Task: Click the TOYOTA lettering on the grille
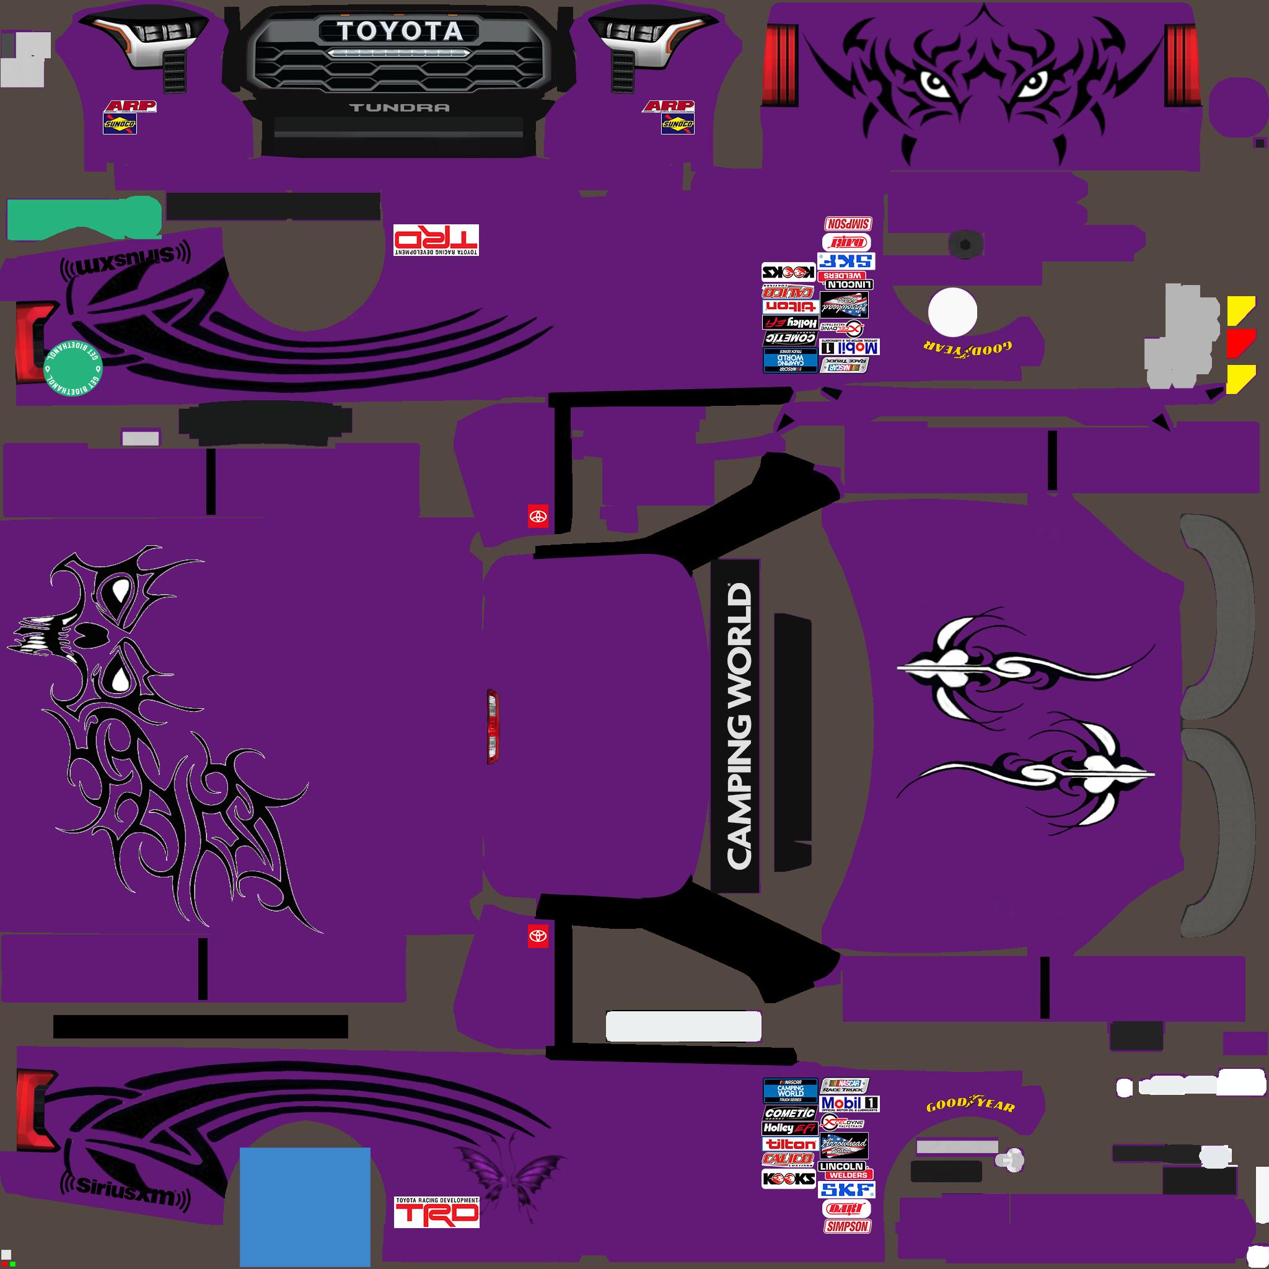click(x=400, y=32)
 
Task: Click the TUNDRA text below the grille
click(x=400, y=108)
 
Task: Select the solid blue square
click(x=305, y=1206)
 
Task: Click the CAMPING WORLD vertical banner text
click(x=737, y=725)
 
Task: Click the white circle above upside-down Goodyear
click(x=952, y=313)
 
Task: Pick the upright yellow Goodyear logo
click(x=970, y=1105)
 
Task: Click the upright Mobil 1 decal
click(x=850, y=1103)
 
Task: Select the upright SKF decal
click(x=847, y=1190)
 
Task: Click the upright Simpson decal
click(x=847, y=1226)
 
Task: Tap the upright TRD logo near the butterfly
click(x=437, y=1213)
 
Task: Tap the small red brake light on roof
click(x=492, y=726)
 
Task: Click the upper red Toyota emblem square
click(x=538, y=516)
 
